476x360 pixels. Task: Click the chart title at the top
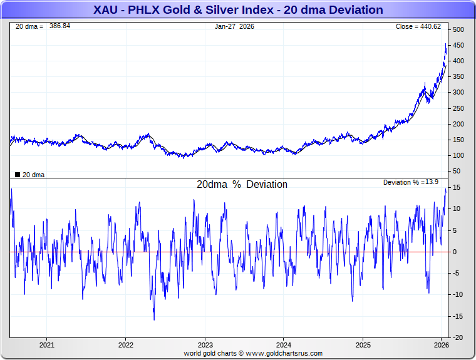click(238, 10)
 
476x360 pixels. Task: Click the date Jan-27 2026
click(234, 26)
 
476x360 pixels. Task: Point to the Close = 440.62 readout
click(418, 26)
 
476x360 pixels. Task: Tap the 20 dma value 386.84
click(60, 26)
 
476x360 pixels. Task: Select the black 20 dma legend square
click(17, 175)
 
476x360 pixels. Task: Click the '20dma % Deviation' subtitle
click(242, 185)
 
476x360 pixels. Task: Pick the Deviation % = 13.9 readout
click(410, 182)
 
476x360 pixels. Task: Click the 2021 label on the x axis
click(47, 345)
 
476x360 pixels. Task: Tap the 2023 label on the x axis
click(205, 345)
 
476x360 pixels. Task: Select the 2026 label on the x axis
click(442, 345)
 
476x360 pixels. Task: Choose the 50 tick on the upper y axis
click(457, 171)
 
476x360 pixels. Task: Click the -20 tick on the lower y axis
click(457, 337)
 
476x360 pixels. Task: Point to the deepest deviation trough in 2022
click(154, 320)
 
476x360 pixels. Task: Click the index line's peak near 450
click(446, 45)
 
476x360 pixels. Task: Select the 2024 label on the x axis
click(284, 345)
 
